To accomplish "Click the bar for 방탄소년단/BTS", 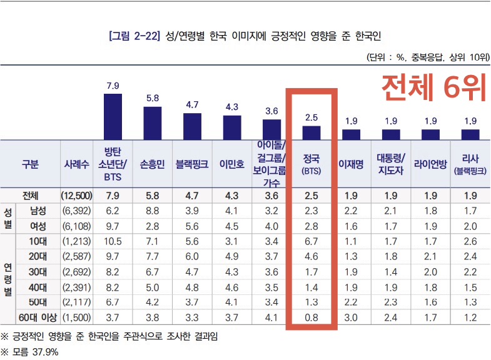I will pyautogui.click(x=113, y=116).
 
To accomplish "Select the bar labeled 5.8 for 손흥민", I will pyautogui.click(x=153, y=122).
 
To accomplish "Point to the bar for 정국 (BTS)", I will pyautogui.click(x=311, y=132).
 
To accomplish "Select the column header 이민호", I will pyautogui.click(x=231, y=164).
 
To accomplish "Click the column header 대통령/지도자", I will pyautogui.click(x=391, y=164).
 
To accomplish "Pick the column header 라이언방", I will pyautogui.click(x=430, y=164).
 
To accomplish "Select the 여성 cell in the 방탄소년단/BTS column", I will pyautogui.click(x=113, y=226).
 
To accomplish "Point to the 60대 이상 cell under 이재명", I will pyautogui.click(x=351, y=317).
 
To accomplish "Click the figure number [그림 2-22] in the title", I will pyautogui.click(x=134, y=36).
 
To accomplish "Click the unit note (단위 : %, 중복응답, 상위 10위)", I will pyautogui.click(x=427, y=57).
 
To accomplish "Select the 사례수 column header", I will pyautogui.click(x=76, y=164).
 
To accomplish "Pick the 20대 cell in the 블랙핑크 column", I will pyautogui.click(x=192, y=257).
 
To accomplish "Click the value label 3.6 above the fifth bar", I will pyautogui.click(x=271, y=111).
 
